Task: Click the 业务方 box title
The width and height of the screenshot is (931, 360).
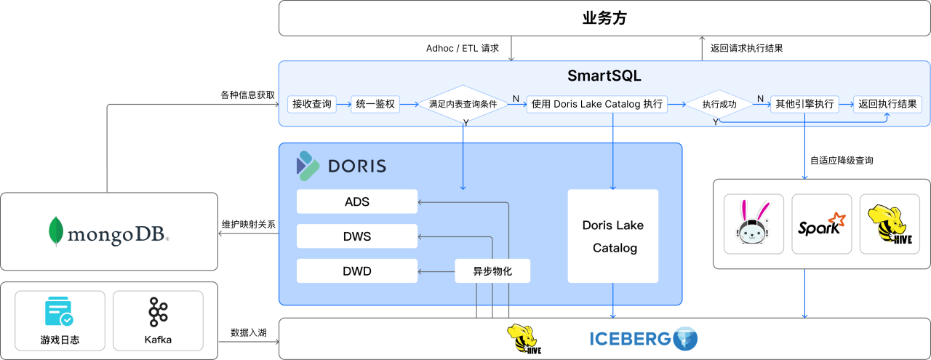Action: [x=604, y=18]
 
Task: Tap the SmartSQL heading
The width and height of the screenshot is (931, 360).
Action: [x=604, y=76]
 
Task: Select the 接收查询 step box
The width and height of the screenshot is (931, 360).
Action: [x=312, y=104]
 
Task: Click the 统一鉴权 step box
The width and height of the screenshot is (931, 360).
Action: [x=375, y=104]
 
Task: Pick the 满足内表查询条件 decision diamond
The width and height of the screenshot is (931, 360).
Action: [x=463, y=104]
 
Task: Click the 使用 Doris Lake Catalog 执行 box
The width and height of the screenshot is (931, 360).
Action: [x=597, y=104]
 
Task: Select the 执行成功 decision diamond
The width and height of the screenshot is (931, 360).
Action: [x=719, y=104]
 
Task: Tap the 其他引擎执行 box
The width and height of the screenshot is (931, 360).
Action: [x=804, y=104]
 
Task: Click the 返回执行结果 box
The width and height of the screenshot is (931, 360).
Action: [x=887, y=104]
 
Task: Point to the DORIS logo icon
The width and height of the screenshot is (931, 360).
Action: [x=307, y=166]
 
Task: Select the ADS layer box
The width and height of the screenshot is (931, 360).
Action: [x=357, y=201]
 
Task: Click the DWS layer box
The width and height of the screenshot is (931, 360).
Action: [x=357, y=236]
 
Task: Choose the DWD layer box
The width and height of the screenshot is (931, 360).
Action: [x=357, y=271]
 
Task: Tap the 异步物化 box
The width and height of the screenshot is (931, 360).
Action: [x=492, y=271]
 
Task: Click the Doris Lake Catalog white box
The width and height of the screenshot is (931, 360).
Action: [x=613, y=236]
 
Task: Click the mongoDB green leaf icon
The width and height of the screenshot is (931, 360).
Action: [x=55, y=232]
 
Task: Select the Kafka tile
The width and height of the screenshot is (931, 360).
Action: [x=159, y=321]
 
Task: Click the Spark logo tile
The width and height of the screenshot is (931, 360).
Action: [x=821, y=224]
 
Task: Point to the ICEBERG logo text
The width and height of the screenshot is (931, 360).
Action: [x=629, y=338]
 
